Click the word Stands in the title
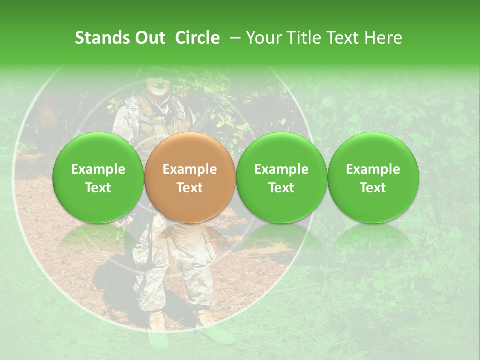pos(102,38)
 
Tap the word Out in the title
pos(149,38)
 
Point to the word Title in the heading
pos(301,38)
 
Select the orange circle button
pos(189,177)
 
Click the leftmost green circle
pos(98,177)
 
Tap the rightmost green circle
pos(373,177)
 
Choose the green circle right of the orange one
pos(281,177)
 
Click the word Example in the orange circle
pos(189,169)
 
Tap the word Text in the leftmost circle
pos(98,188)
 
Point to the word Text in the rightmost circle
pos(373,188)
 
